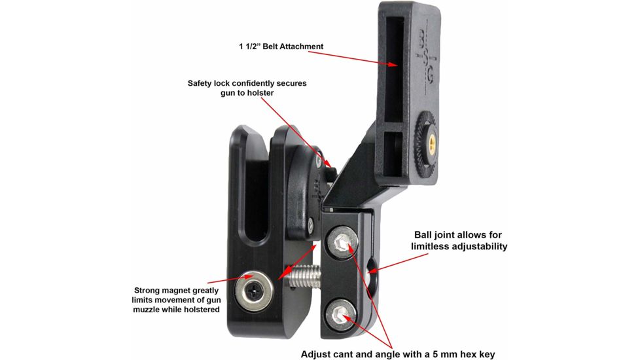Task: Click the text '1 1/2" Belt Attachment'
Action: pyautogui.click(x=281, y=46)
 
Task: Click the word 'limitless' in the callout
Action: pyautogui.click(x=432, y=246)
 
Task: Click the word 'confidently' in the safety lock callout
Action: pyautogui.click(x=249, y=84)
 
